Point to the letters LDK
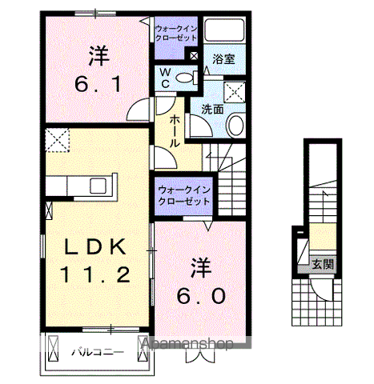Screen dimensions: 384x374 (x=95, y=246)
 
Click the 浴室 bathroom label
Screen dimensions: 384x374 (x=223, y=59)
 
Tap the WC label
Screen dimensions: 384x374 (x=163, y=78)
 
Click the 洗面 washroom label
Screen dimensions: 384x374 (x=211, y=110)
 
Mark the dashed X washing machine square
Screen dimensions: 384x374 (x=235, y=92)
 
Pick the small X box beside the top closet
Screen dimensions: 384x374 (x=193, y=55)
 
